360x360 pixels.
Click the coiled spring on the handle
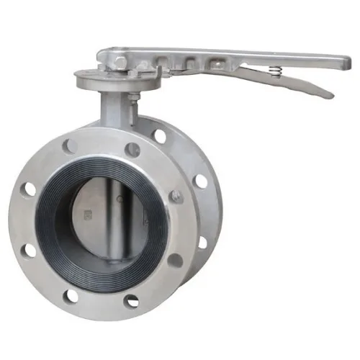[x=274, y=71]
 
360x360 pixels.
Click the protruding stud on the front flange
[x=176, y=196]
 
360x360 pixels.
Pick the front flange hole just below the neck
[x=132, y=150]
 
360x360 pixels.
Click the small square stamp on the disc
[x=89, y=215]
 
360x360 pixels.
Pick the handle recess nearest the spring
[x=214, y=64]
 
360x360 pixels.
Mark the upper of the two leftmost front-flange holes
[x=30, y=189]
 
